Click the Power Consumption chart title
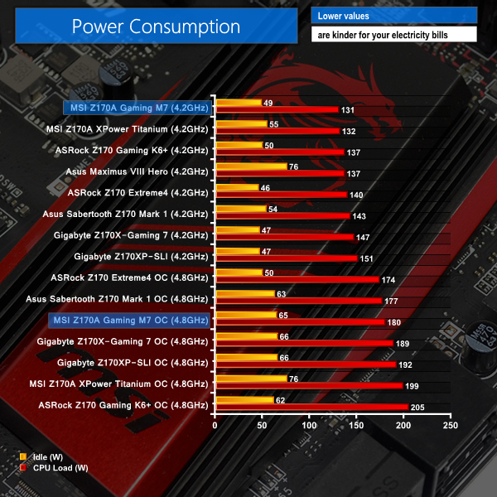point(156,26)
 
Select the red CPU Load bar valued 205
point(311,406)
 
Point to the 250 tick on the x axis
point(450,425)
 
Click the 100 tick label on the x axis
point(309,425)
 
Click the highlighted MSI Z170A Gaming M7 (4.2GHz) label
point(137,107)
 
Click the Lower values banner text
point(344,16)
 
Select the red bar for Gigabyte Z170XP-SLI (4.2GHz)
point(286,258)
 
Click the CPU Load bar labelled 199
point(309,385)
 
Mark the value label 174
point(388,279)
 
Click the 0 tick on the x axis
point(215,425)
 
